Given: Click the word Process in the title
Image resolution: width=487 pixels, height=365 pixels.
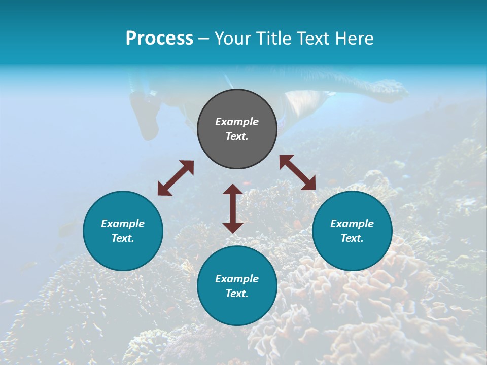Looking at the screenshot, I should click(159, 39).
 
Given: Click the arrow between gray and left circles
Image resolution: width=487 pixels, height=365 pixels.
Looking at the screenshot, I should click(176, 178).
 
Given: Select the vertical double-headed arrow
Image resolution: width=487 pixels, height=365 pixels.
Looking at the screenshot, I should click(233, 208).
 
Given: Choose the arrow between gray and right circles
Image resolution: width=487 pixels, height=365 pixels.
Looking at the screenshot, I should click(298, 172).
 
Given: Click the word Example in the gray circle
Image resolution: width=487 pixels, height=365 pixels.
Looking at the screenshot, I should click(237, 122).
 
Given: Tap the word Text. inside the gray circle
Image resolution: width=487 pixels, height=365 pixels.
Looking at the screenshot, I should click(237, 136).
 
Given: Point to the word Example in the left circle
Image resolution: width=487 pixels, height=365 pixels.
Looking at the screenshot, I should click(123, 224).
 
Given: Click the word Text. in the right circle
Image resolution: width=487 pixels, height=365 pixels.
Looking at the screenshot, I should click(352, 238).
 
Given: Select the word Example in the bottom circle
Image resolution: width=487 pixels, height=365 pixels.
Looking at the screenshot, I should click(237, 279).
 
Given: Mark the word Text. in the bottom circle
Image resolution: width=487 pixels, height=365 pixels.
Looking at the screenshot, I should click(237, 294).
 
